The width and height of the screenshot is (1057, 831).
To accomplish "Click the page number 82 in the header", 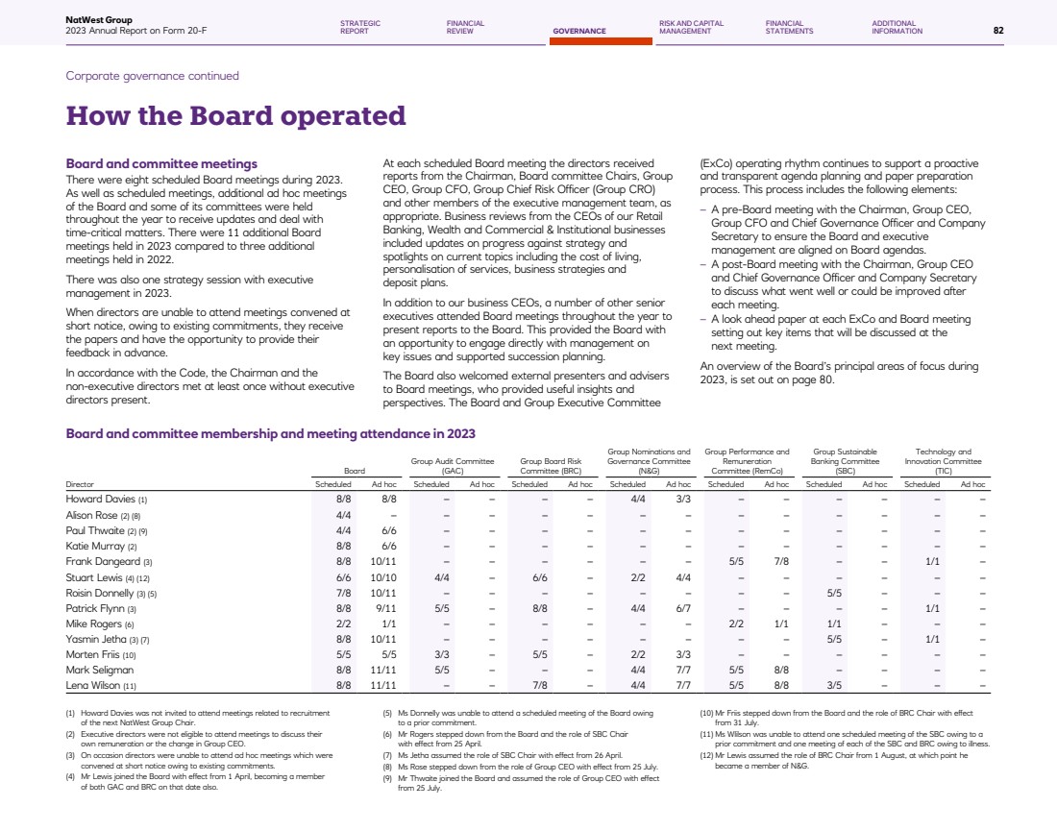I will click(998, 31).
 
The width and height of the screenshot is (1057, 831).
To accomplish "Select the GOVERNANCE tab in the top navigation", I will click(579, 31).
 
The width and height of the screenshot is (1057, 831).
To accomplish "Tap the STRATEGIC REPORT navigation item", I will click(360, 27).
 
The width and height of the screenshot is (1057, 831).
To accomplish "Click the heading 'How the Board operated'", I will click(235, 116).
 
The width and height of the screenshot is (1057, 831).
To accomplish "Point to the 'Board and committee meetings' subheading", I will click(161, 164).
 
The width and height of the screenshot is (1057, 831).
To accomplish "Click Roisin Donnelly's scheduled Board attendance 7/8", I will click(343, 593).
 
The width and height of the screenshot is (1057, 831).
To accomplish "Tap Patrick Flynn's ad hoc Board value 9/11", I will click(383, 608).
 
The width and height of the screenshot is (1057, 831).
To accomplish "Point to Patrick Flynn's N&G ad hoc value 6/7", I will click(684, 608).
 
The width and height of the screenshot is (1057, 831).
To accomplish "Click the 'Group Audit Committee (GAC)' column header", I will click(453, 466).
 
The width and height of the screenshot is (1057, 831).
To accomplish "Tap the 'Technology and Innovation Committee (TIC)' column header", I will click(943, 461).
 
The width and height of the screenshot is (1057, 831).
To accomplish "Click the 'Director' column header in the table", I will click(79, 485).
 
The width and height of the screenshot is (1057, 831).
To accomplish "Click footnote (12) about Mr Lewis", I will click(837, 760).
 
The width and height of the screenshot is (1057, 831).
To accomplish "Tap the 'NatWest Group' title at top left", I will click(99, 19).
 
